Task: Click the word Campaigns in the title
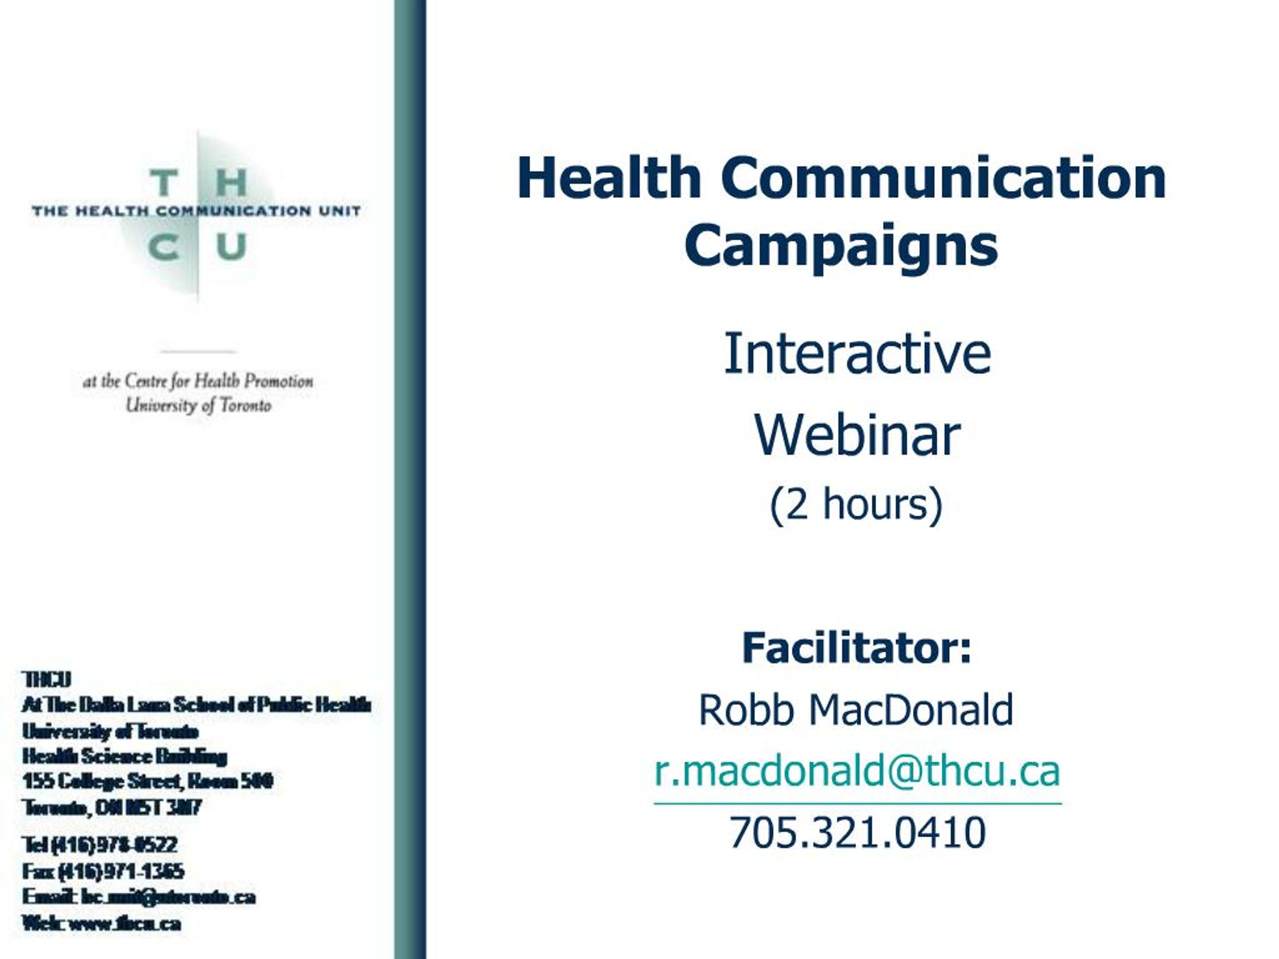[841, 245]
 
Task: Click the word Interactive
[857, 354]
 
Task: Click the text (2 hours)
[856, 504]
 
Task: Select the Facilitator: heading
[856, 648]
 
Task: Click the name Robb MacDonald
[856, 710]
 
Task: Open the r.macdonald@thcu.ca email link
[857, 772]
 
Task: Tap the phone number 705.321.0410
[857, 833]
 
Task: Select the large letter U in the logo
[231, 247]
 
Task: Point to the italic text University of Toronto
[198, 405]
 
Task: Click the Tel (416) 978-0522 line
[99, 845]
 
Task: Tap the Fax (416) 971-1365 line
[103, 871]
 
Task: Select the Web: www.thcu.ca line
[101, 923]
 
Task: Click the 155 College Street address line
[147, 782]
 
